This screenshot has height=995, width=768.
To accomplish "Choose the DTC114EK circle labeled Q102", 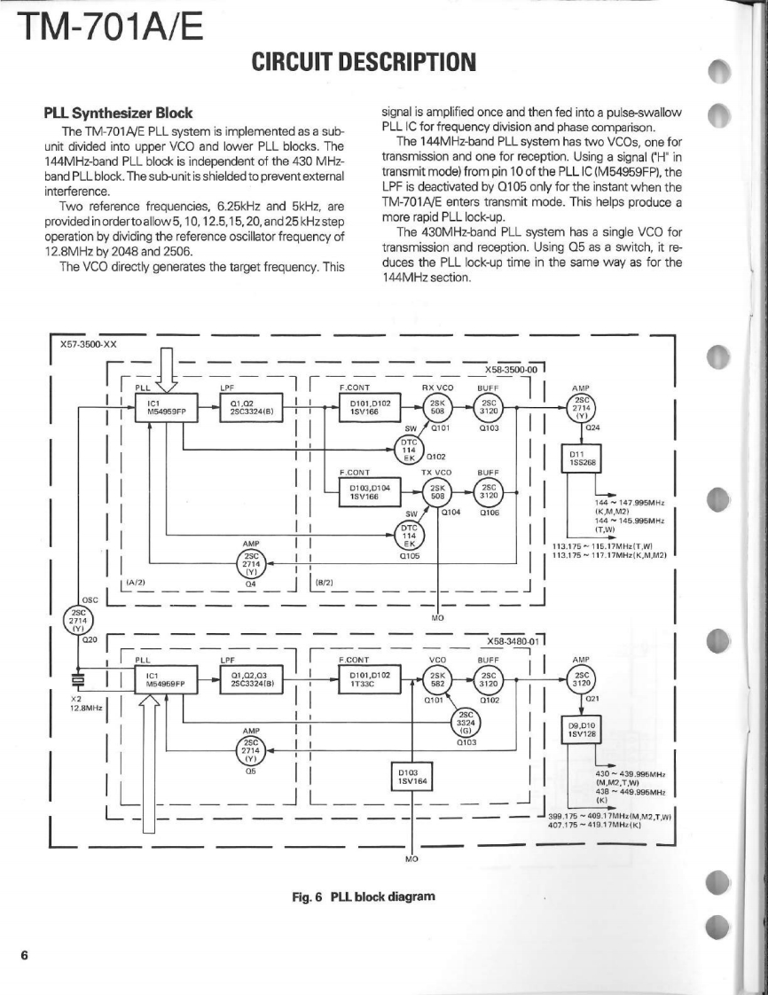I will [410, 450].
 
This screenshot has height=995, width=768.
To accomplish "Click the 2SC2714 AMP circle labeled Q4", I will [250, 563].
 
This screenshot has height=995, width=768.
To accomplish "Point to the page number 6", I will [25, 955].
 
